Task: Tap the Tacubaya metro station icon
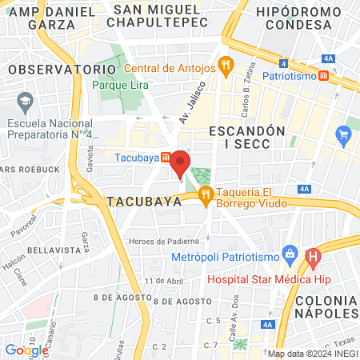[164, 157]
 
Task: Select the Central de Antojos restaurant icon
[226, 68]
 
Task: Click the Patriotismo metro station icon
[322, 76]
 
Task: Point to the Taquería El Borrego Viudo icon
[206, 193]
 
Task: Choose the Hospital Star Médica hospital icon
[313, 258]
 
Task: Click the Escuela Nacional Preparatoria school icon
[25, 102]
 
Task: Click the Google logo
[26, 350]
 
